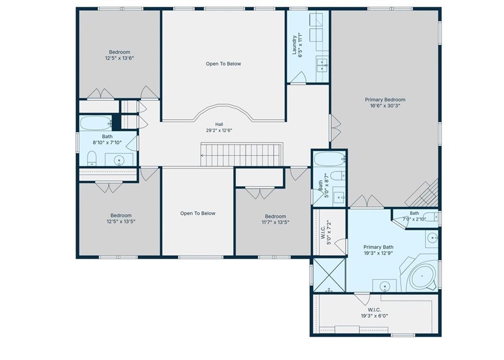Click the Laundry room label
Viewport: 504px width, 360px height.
pos(297,45)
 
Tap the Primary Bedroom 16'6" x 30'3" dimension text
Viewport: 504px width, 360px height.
pos(385,105)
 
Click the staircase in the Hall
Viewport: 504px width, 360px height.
pos(242,155)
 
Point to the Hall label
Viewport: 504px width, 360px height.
pos(219,124)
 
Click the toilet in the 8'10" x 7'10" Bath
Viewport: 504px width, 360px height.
pos(92,158)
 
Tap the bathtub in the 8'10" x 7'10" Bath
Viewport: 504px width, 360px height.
pos(95,123)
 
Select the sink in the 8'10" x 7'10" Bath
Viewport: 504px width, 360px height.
pos(119,160)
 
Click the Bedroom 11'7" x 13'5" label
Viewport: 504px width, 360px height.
pos(276,219)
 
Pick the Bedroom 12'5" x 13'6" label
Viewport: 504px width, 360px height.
pos(119,55)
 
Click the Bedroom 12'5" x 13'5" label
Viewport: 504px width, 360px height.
pos(121,219)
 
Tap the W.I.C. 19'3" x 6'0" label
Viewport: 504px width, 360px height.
pos(374,313)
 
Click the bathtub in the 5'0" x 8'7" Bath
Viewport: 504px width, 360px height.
pos(329,159)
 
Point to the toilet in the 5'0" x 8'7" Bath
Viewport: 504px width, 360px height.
pos(338,176)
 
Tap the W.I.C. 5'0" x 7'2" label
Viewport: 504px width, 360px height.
pos(326,232)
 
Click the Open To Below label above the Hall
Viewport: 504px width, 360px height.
pos(223,64)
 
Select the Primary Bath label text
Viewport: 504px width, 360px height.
pos(378,247)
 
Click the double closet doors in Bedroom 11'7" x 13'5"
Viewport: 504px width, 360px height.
pos(260,193)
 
